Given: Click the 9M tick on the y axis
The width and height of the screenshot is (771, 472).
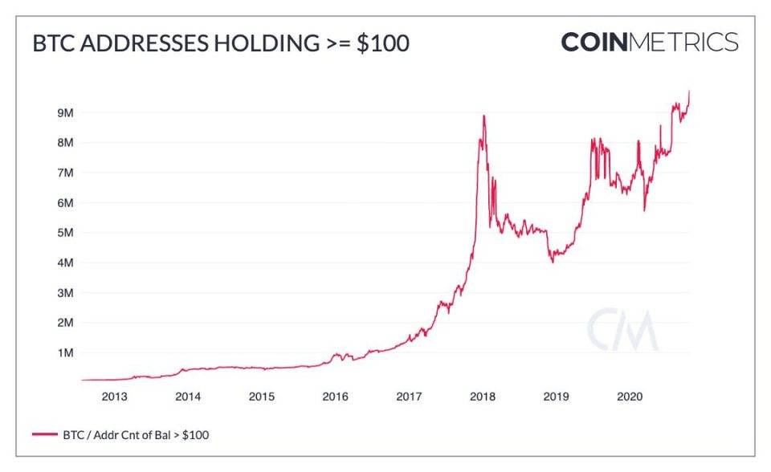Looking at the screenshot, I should pyautogui.click(x=66, y=113).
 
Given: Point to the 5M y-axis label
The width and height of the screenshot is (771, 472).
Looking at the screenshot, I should pyautogui.click(x=66, y=233).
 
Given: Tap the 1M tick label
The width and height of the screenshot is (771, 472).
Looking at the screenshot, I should pyautogui.click(x=66, y=352).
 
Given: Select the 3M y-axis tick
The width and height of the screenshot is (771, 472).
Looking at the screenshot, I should pyautogui.click(x=66, y=293).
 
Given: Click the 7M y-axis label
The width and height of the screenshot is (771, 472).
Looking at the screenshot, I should pyautogui.click(x=66, y=173).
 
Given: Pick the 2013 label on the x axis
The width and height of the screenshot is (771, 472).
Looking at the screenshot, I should pyautogui.click(x=114, y=397).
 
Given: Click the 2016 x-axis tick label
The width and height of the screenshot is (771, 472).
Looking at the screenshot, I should pyautogui.click(x=335, y=397).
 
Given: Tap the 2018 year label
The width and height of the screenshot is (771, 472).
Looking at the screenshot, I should pyautogui.click(x=482, y=397).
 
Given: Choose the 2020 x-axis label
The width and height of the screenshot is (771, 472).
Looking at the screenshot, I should pyautogui.click(x=630, y=397).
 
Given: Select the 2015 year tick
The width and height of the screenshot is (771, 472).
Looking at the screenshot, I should pyautogui.click(x=261, y=397).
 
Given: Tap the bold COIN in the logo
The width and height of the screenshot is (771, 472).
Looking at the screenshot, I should pyautogui.click(x=594, y=41).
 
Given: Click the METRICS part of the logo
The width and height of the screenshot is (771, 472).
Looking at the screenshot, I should pyautogui.click(x=683, y=41).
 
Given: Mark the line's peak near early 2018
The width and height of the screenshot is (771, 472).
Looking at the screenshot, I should pyautogui.click(x=483, y=116).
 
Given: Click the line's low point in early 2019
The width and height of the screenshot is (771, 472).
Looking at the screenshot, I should pyautogui.click(x=552, y=262).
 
